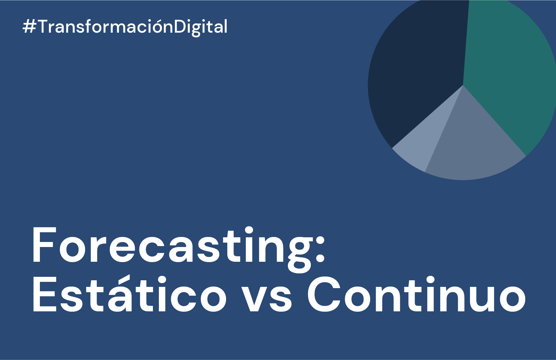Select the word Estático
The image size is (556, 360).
coord(129,295)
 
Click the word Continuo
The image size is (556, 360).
coord(416,295)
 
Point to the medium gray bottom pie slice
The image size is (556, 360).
coord(471,148)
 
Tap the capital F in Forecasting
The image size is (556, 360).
coord(43,245)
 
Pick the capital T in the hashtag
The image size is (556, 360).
coord(43,27)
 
